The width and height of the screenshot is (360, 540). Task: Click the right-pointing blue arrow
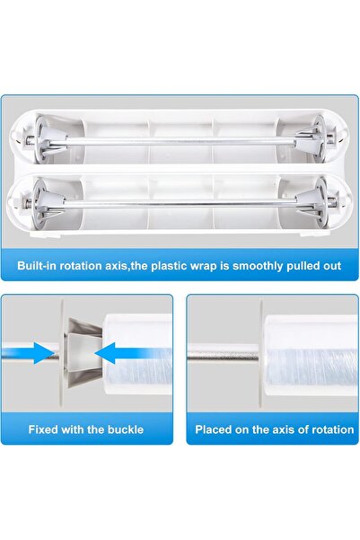36,354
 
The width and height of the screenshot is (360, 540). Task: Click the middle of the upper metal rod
180,142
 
